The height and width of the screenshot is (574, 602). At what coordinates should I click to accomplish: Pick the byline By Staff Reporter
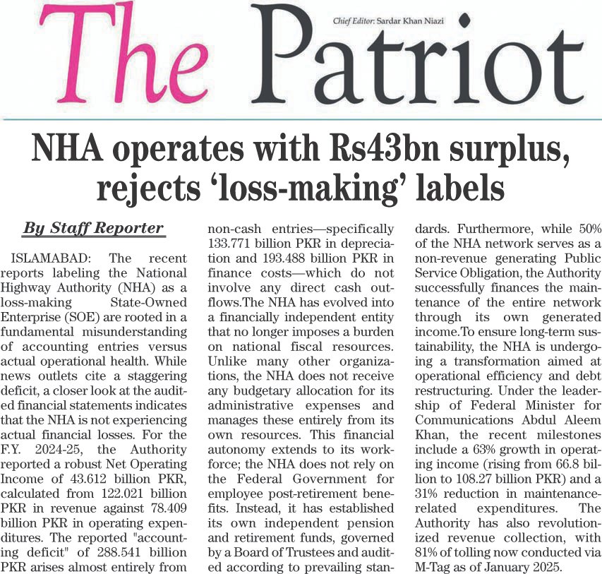tap(93, 228)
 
